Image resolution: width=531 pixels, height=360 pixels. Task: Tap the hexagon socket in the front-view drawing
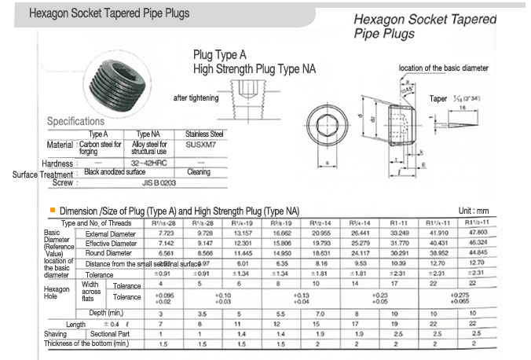click(x=327, y=124)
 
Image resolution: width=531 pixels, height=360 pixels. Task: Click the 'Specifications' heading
click(x=75, y=121)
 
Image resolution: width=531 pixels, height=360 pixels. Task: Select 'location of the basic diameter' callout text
click(x=445, y=69)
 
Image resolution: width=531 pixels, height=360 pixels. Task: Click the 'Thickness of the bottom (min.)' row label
click(x=86, y=343)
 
